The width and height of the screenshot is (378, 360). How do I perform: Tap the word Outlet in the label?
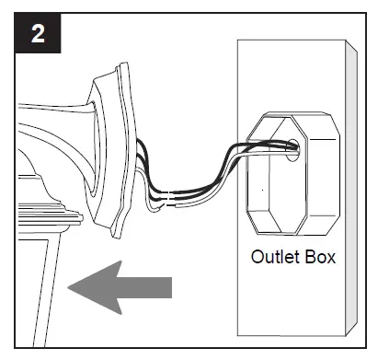pyautogui.click(x=273, y=256)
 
